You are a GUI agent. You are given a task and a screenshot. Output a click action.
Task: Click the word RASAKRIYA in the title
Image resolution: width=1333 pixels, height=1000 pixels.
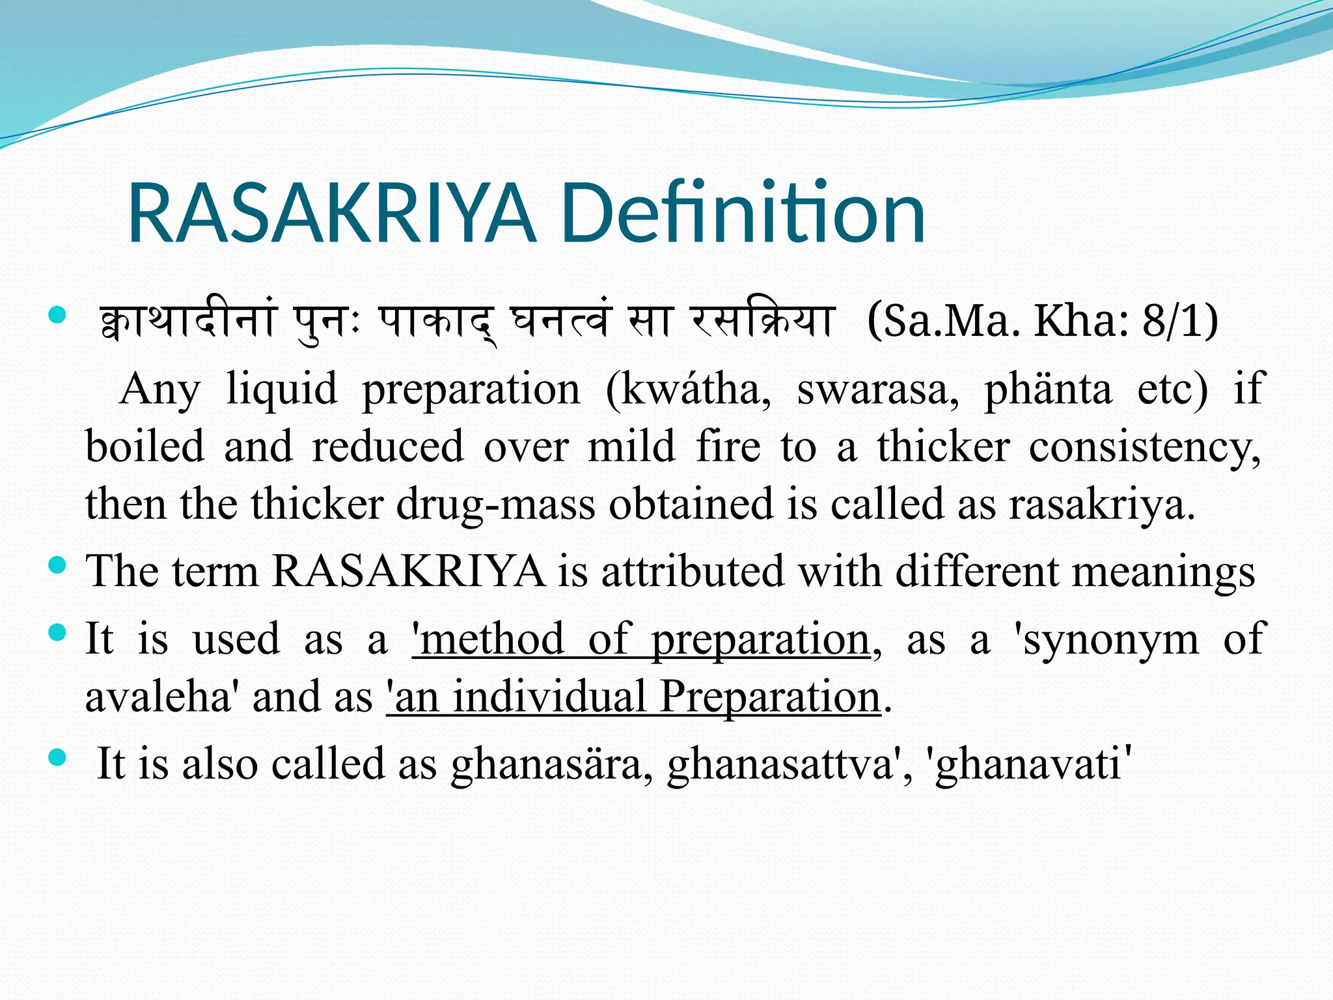pyautogui.click(x=332, y=214)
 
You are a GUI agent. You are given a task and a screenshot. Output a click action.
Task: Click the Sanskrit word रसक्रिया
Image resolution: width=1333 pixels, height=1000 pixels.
pyautogui.click(x=762, y=322)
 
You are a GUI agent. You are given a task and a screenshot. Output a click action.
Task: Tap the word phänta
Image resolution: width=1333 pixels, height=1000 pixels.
pyautogui.click(x=1048, y=389)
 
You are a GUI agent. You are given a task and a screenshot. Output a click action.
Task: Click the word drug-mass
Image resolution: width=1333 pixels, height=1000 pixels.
pyautogui.click(x=495, y=505)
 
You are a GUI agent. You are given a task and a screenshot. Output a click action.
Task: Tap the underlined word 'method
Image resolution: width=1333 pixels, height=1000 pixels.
pyautogui.click(x=488, y=639)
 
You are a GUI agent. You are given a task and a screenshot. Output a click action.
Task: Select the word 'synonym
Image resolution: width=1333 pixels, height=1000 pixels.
pyautogui.click(x=1106, y=641)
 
